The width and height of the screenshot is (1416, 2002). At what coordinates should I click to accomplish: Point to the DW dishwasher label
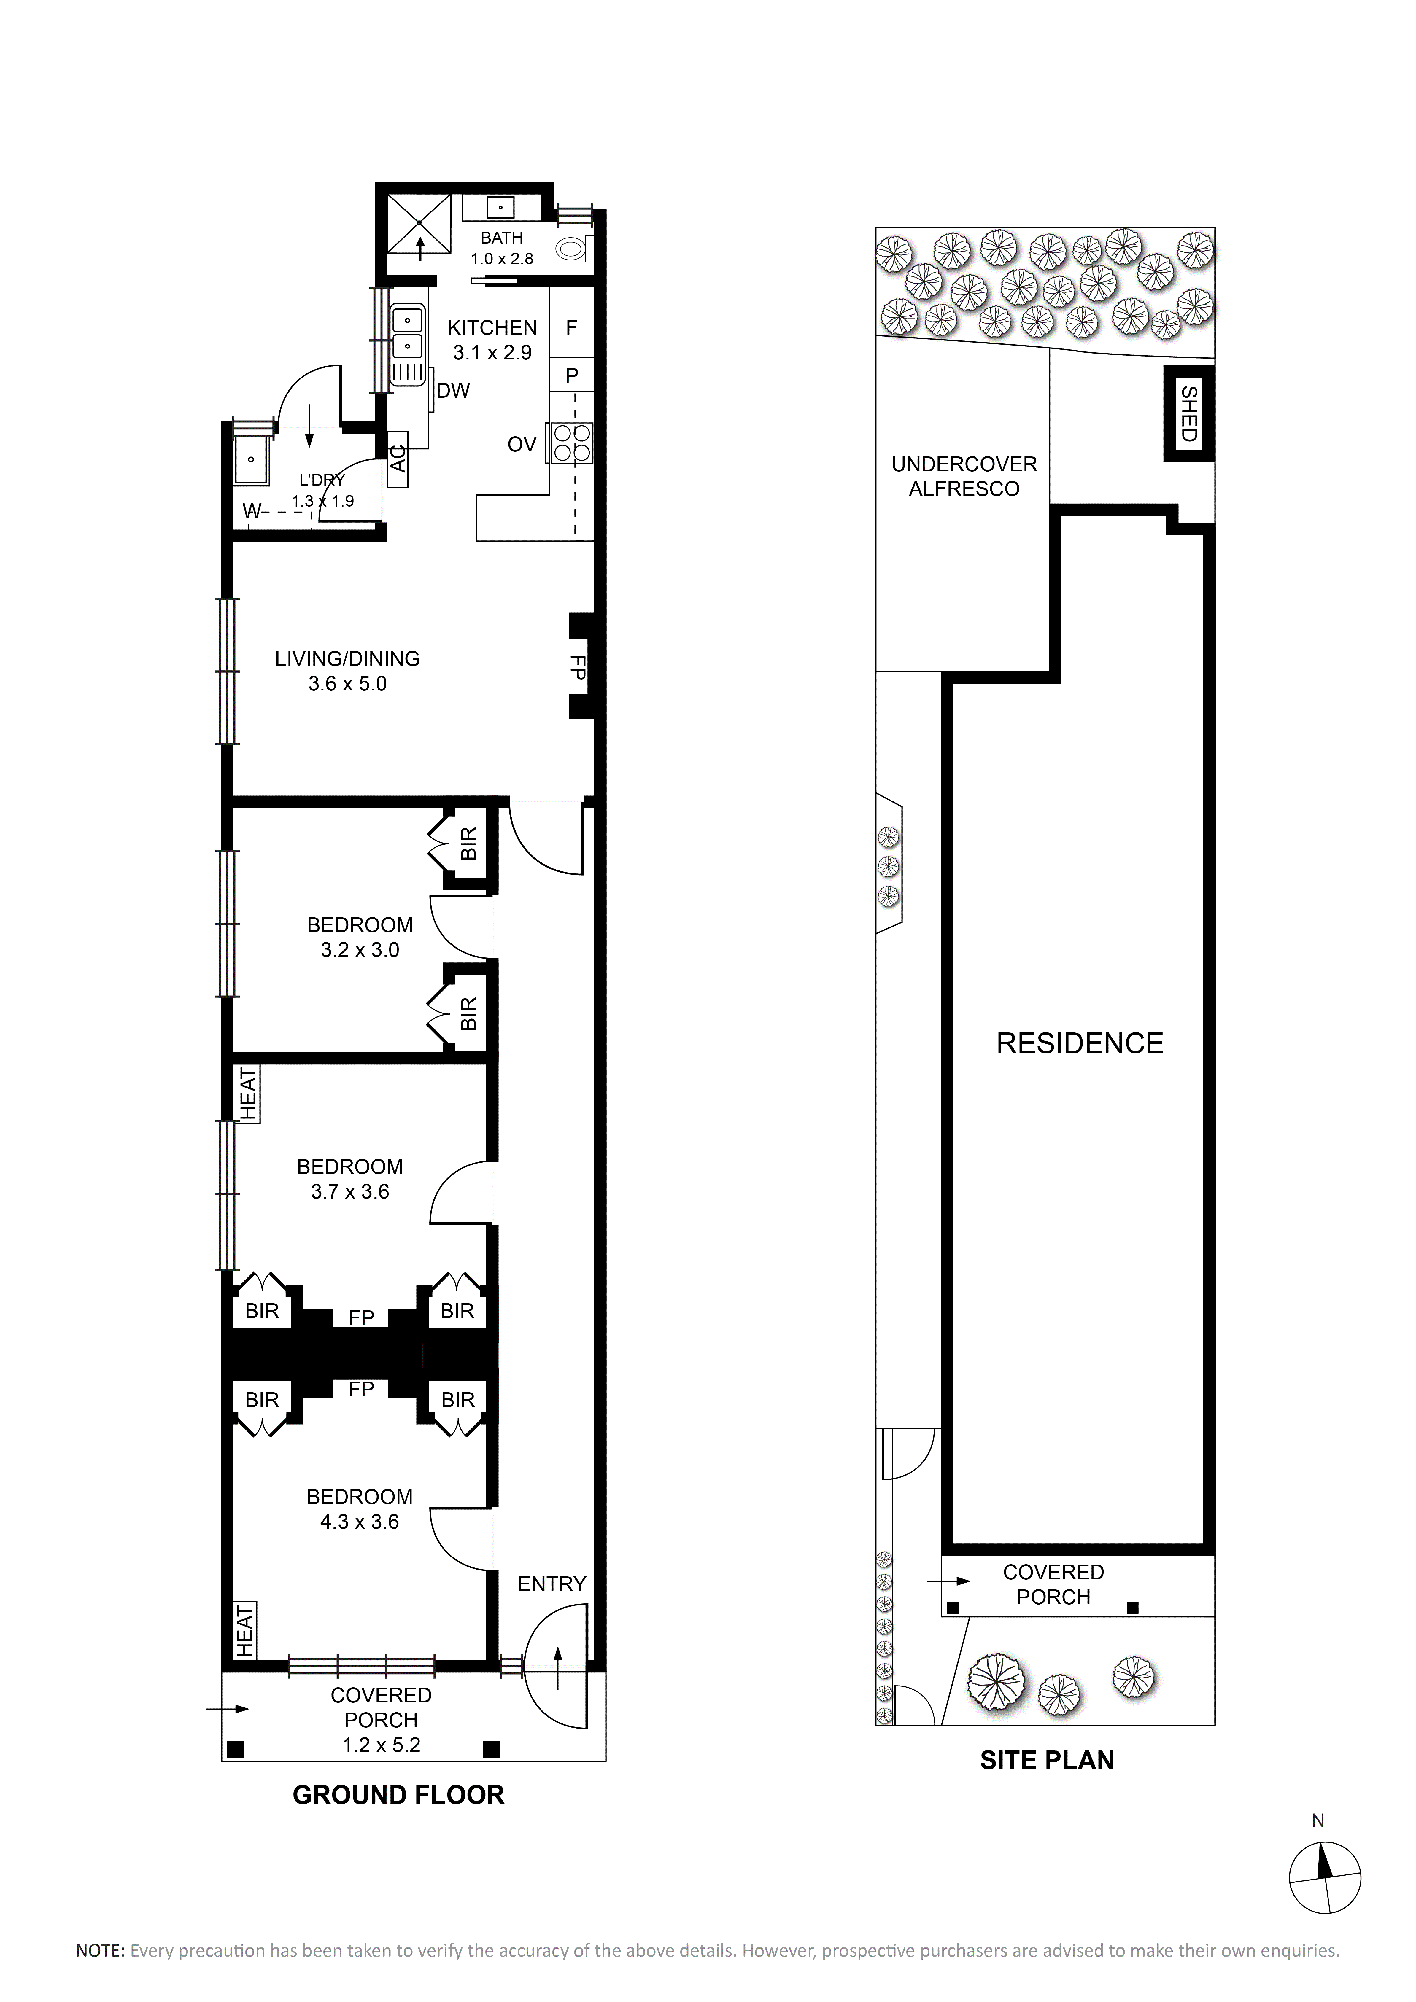pyautogui.click(x=453, y=391)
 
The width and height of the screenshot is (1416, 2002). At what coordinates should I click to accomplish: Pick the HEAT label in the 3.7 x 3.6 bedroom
pyautogui.click(x=249, y=1094)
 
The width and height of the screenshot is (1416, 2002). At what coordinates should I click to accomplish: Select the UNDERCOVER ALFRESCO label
pyautogui.click(x=964, y=476)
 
